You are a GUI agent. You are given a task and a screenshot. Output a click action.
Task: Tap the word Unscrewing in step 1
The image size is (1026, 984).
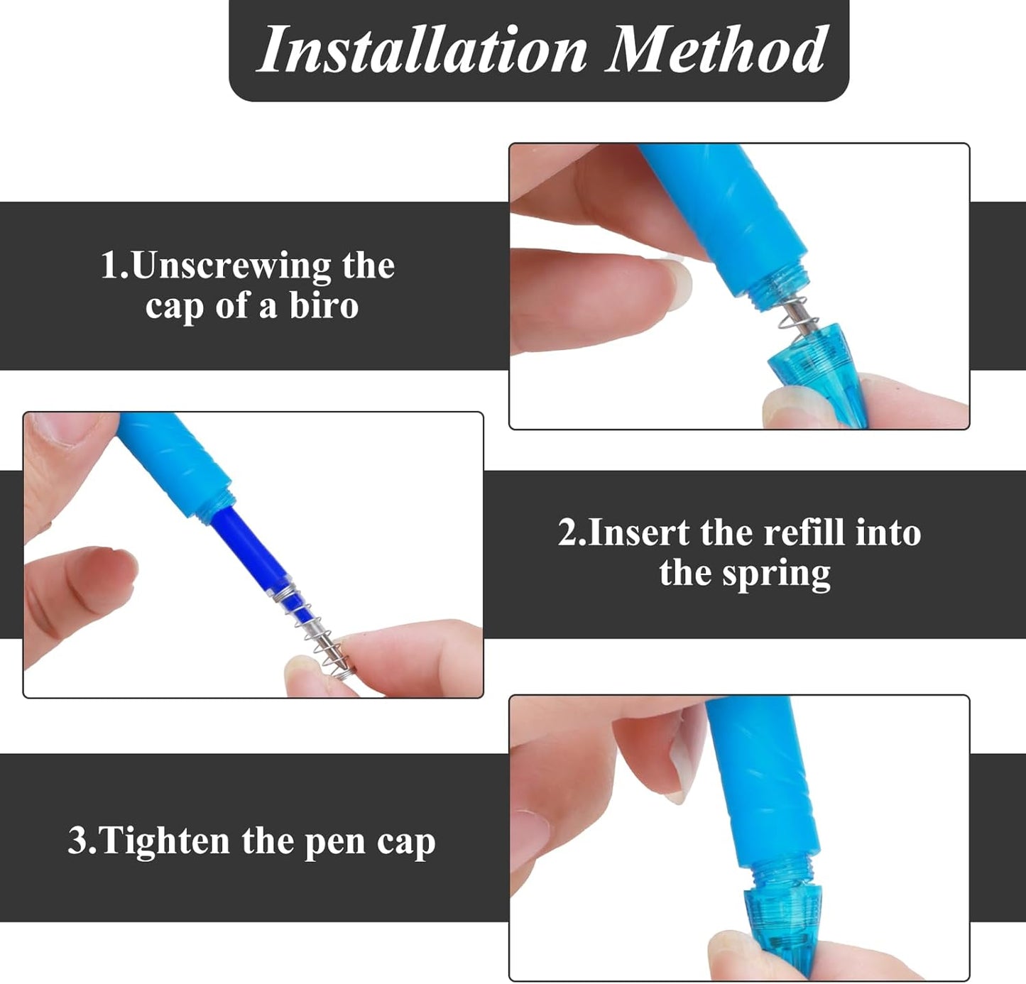click(231, 266)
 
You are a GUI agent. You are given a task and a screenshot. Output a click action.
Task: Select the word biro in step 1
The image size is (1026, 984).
click(324, 306)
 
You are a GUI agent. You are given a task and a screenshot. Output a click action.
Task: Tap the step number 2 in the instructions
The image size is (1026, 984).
click(568, 532)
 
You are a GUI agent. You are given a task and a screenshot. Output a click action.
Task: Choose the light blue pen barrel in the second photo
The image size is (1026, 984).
click(174, 461)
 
